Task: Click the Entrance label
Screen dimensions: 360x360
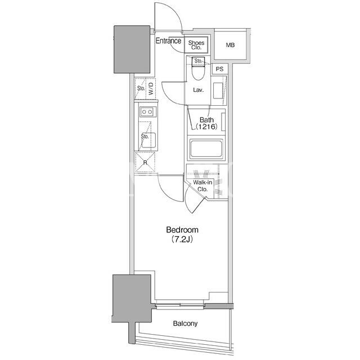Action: [x=168, y=41]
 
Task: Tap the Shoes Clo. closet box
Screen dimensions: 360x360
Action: [x=196, y=45]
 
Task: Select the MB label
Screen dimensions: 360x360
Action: [x=230, y=45]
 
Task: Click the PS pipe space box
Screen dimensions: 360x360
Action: [x=220, y=69]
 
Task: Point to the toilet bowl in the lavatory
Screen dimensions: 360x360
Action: [x=198, y=71]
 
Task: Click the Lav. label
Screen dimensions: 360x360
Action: [x=199, y=90]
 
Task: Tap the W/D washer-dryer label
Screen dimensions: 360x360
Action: [x=151, y=89]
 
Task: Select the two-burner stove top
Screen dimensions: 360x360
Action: [x=147, y=112]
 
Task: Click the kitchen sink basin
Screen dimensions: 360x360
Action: [x=148, y=140]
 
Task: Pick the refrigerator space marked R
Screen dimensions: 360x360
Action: [x=145, y=163]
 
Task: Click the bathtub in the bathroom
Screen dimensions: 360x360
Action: [x=206, y=148]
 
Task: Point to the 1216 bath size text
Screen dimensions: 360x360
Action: [x=206, y=127]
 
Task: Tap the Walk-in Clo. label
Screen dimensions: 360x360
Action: [x=202, y=186]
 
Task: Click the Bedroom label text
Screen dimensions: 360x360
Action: [x=182, y=230]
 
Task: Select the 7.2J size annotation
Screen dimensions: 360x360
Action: [x=182, y=240]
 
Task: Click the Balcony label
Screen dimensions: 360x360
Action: [x=185, y=323]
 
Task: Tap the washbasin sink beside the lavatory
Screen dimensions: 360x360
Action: [x=218, y=91]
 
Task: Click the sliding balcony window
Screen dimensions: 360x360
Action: [x=180, y=305]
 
